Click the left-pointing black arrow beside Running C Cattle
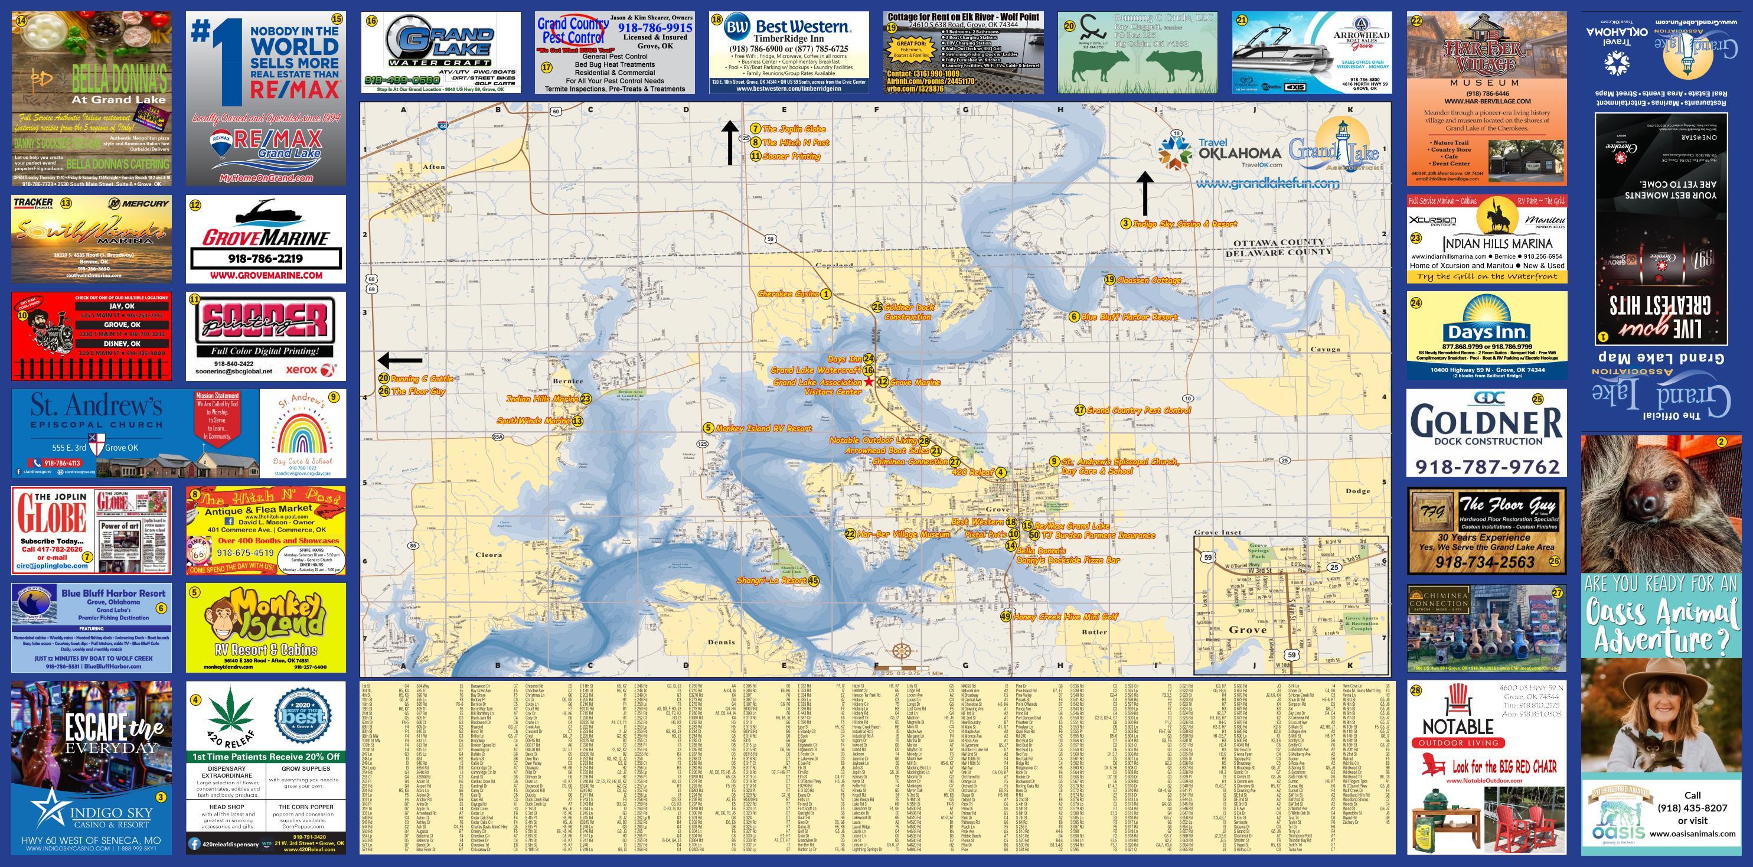pos(400,360)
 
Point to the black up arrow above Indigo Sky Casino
pos(1145,193)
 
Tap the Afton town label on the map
pos(434,167)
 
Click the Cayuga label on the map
pos(1325,349)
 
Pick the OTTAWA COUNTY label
pos(1279,243)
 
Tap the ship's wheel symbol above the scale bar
pos(901,650)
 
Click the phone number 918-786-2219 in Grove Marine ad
pos(265,259)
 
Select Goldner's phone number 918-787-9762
pos(1487,467)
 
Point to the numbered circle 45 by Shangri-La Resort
pos(813,581)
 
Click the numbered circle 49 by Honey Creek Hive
pos(1005,617)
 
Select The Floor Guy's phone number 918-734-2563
pos(1485,563)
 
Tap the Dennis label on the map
pos(721,642)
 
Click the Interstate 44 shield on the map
pos(443,126)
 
